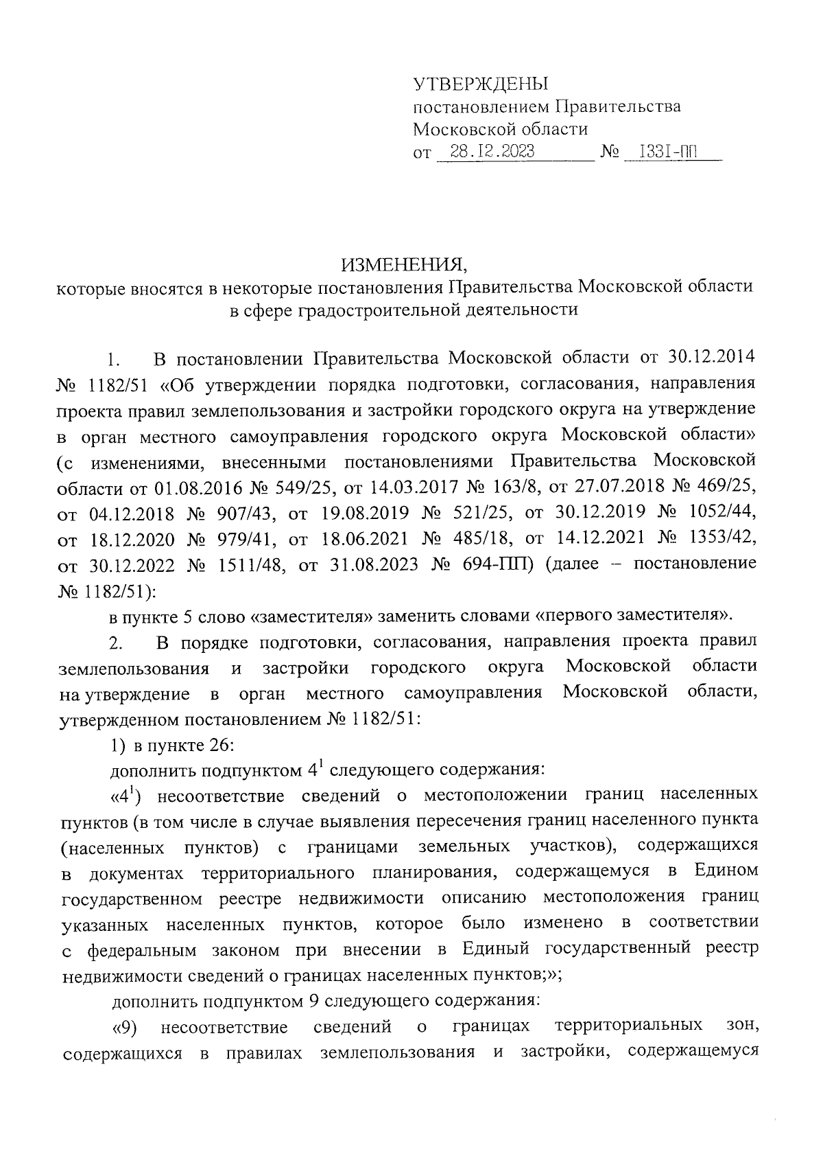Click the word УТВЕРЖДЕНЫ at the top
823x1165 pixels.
click(x=481, y=84)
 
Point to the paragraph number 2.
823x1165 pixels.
click(x=115, y=643)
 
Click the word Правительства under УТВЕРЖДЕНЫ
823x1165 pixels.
click(x=617, y=107)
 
